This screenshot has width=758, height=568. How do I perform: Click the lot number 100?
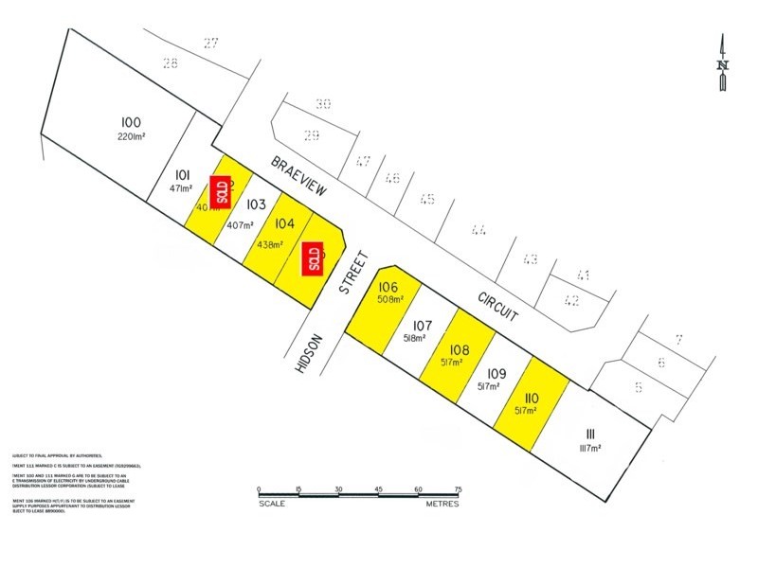131,122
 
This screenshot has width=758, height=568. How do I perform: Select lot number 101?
184,174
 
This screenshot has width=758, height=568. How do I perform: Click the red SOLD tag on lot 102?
223,192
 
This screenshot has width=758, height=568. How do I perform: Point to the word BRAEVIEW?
298,176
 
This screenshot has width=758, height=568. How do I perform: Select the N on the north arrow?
722,65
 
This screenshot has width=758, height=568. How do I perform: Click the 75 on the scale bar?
458,488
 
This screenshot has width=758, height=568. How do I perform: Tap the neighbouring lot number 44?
478,229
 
